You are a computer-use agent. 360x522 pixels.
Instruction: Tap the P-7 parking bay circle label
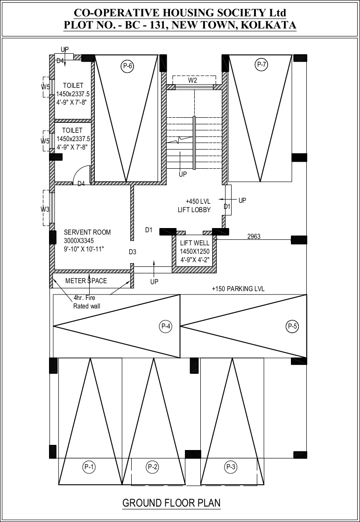262,65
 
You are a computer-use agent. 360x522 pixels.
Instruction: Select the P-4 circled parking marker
166,327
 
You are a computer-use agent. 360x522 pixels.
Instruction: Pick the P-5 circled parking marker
292,327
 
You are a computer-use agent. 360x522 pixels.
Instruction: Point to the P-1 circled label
89,467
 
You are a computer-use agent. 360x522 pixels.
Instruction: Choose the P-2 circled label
152,467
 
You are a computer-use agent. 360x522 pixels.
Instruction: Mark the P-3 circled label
231,467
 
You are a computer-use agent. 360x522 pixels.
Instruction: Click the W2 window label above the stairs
193,80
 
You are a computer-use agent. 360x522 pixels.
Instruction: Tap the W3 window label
45,209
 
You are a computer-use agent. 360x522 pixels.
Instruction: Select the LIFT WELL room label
195,243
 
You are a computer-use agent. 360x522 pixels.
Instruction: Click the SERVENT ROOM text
87,232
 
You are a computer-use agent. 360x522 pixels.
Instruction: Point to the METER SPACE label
86,281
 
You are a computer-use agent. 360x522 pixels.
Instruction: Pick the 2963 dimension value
254,236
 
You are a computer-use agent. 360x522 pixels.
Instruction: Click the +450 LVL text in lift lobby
198,201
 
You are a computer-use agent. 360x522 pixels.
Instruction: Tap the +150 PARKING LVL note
238,289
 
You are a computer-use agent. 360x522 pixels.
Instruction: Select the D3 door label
133,252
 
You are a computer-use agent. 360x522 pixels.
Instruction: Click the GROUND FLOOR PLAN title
171,503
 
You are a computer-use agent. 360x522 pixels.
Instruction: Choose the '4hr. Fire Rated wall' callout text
86,302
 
